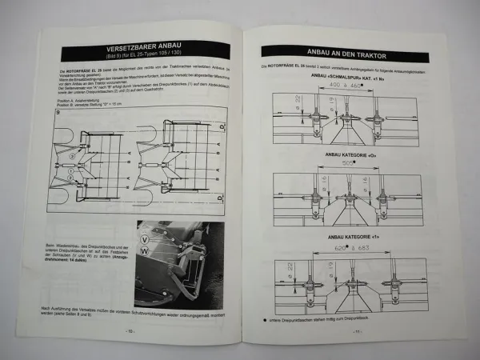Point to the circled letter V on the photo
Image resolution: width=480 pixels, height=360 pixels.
[144, 238]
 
